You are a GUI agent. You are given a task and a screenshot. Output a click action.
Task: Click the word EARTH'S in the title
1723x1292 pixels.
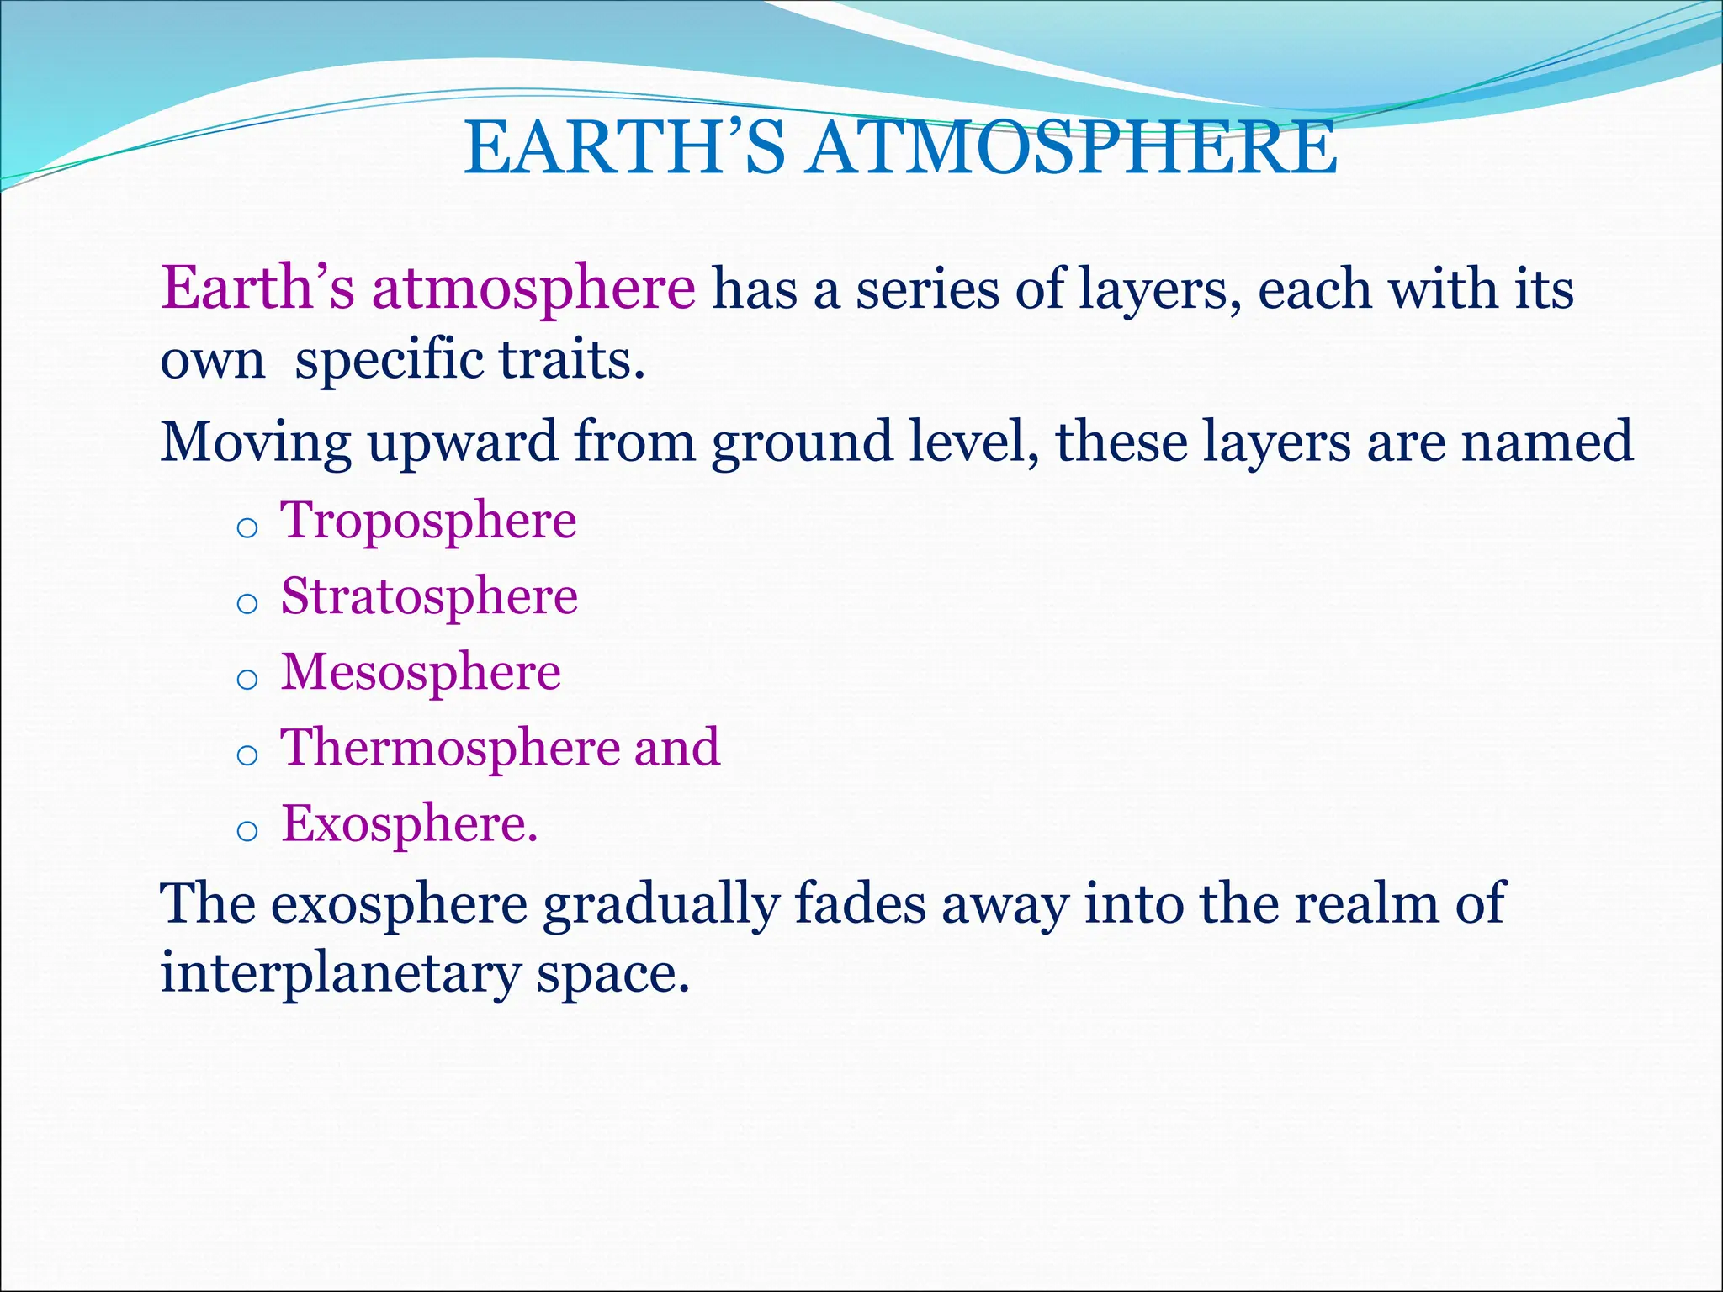624,148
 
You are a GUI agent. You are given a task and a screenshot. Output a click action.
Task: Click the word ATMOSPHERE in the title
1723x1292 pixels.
1070,148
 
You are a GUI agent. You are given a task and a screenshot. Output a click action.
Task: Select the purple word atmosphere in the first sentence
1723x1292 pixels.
533,289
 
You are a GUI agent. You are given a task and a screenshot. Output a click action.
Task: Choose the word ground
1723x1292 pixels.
802,442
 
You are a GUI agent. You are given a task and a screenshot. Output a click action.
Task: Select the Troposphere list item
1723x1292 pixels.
428,520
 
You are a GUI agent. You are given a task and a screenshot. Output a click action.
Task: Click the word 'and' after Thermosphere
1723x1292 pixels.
676,747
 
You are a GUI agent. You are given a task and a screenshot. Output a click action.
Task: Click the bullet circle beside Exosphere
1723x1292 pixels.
247,832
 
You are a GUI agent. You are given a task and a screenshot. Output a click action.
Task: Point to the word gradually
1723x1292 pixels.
660,905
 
